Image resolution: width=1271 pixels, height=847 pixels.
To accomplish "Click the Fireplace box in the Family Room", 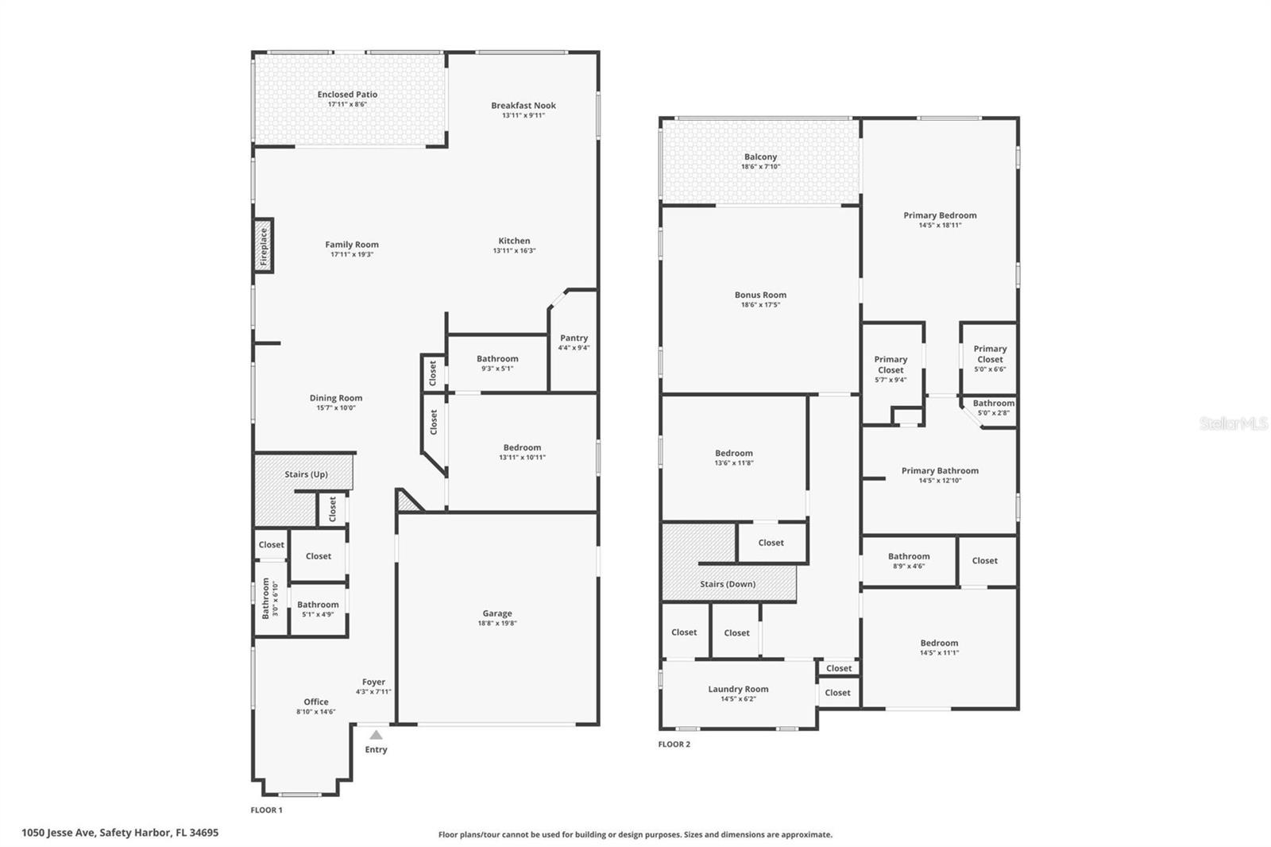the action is point(263,246).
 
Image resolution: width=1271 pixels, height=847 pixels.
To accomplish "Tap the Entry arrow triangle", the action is point(376,735).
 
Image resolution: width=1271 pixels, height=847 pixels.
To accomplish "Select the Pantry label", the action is point(574,338).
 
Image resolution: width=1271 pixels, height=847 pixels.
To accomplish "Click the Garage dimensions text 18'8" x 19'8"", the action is point(497,623).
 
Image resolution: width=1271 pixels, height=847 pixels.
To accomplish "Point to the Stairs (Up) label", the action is point(306,474).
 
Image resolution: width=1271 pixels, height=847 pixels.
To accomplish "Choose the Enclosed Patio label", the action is point(347,95).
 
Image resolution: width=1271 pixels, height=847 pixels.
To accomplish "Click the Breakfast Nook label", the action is point(523,105).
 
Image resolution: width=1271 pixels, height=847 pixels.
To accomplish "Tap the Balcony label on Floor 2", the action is point(760,157).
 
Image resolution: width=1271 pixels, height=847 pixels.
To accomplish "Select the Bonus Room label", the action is point(760,295).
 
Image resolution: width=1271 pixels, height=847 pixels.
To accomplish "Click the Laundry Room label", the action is point(738,689).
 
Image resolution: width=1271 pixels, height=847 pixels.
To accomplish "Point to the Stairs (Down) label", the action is point(728,583).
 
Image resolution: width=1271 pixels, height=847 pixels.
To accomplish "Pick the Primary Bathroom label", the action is point(940,470).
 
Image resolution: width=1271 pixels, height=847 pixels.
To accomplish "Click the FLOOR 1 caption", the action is point(266,810).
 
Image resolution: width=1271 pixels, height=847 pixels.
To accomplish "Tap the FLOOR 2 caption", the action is point(674,745).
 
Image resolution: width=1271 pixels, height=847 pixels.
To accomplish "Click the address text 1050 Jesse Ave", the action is point(59,833).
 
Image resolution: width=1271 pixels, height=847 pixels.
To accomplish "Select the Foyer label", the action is point(373,682).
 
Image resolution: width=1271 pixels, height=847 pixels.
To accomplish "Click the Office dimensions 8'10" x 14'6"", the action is point(315,711).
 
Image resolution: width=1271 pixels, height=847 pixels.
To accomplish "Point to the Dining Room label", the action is point(336,398).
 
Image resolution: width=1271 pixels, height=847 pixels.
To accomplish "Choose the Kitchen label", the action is point(514,241).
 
